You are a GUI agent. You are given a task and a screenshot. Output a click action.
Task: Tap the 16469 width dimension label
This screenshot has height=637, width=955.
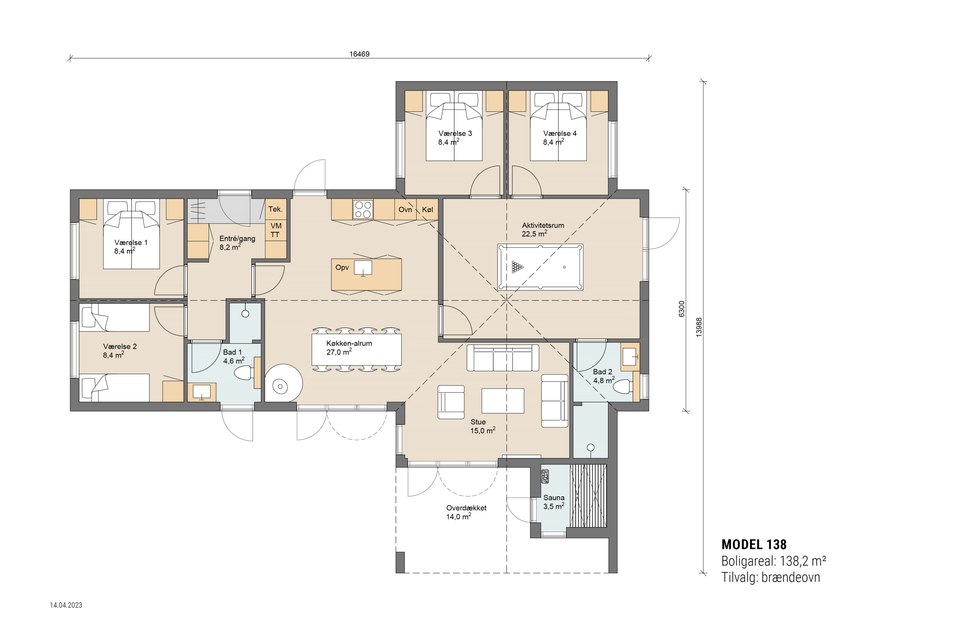tap(359, 54)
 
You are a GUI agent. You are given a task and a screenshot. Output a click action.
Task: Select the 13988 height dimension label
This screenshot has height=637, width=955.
tap(699, 327)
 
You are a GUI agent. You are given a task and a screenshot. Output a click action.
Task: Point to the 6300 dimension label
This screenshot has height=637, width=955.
tap(682, 309)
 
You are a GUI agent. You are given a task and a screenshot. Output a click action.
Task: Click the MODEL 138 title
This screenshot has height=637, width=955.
tap(754, 544)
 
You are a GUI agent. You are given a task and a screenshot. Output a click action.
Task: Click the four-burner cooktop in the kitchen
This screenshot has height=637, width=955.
tap(363, 210)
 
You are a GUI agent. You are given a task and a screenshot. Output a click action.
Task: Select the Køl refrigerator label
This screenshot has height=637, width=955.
tap(427, 210)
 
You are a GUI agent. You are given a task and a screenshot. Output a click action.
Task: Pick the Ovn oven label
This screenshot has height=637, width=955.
tap(405, 210)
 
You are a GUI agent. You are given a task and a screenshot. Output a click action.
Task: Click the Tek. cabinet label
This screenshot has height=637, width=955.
tap(275, 209)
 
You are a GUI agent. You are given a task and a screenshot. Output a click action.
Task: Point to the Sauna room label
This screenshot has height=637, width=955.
tap(554, 498)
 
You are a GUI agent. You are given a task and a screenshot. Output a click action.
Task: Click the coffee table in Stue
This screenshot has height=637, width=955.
tap(503, 401)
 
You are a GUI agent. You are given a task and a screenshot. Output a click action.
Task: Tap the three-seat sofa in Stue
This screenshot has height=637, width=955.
tap(503, 358)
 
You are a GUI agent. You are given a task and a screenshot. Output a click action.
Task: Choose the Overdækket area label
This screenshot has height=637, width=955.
tap(466, 508)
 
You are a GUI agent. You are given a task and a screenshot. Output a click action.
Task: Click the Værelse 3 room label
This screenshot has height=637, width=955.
tap(455, 133)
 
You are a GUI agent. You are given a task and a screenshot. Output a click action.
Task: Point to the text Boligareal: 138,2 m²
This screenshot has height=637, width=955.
tap(774, 561)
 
